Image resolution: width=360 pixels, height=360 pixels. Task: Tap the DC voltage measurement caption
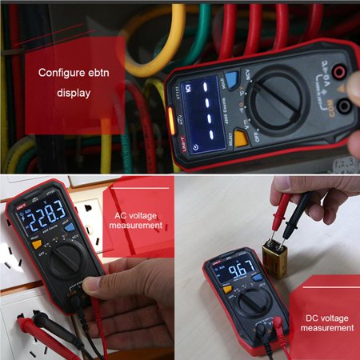pyautogui.click(x=329, y=322)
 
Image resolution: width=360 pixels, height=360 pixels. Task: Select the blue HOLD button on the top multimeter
pyautogui.click(x=232, y=79)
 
